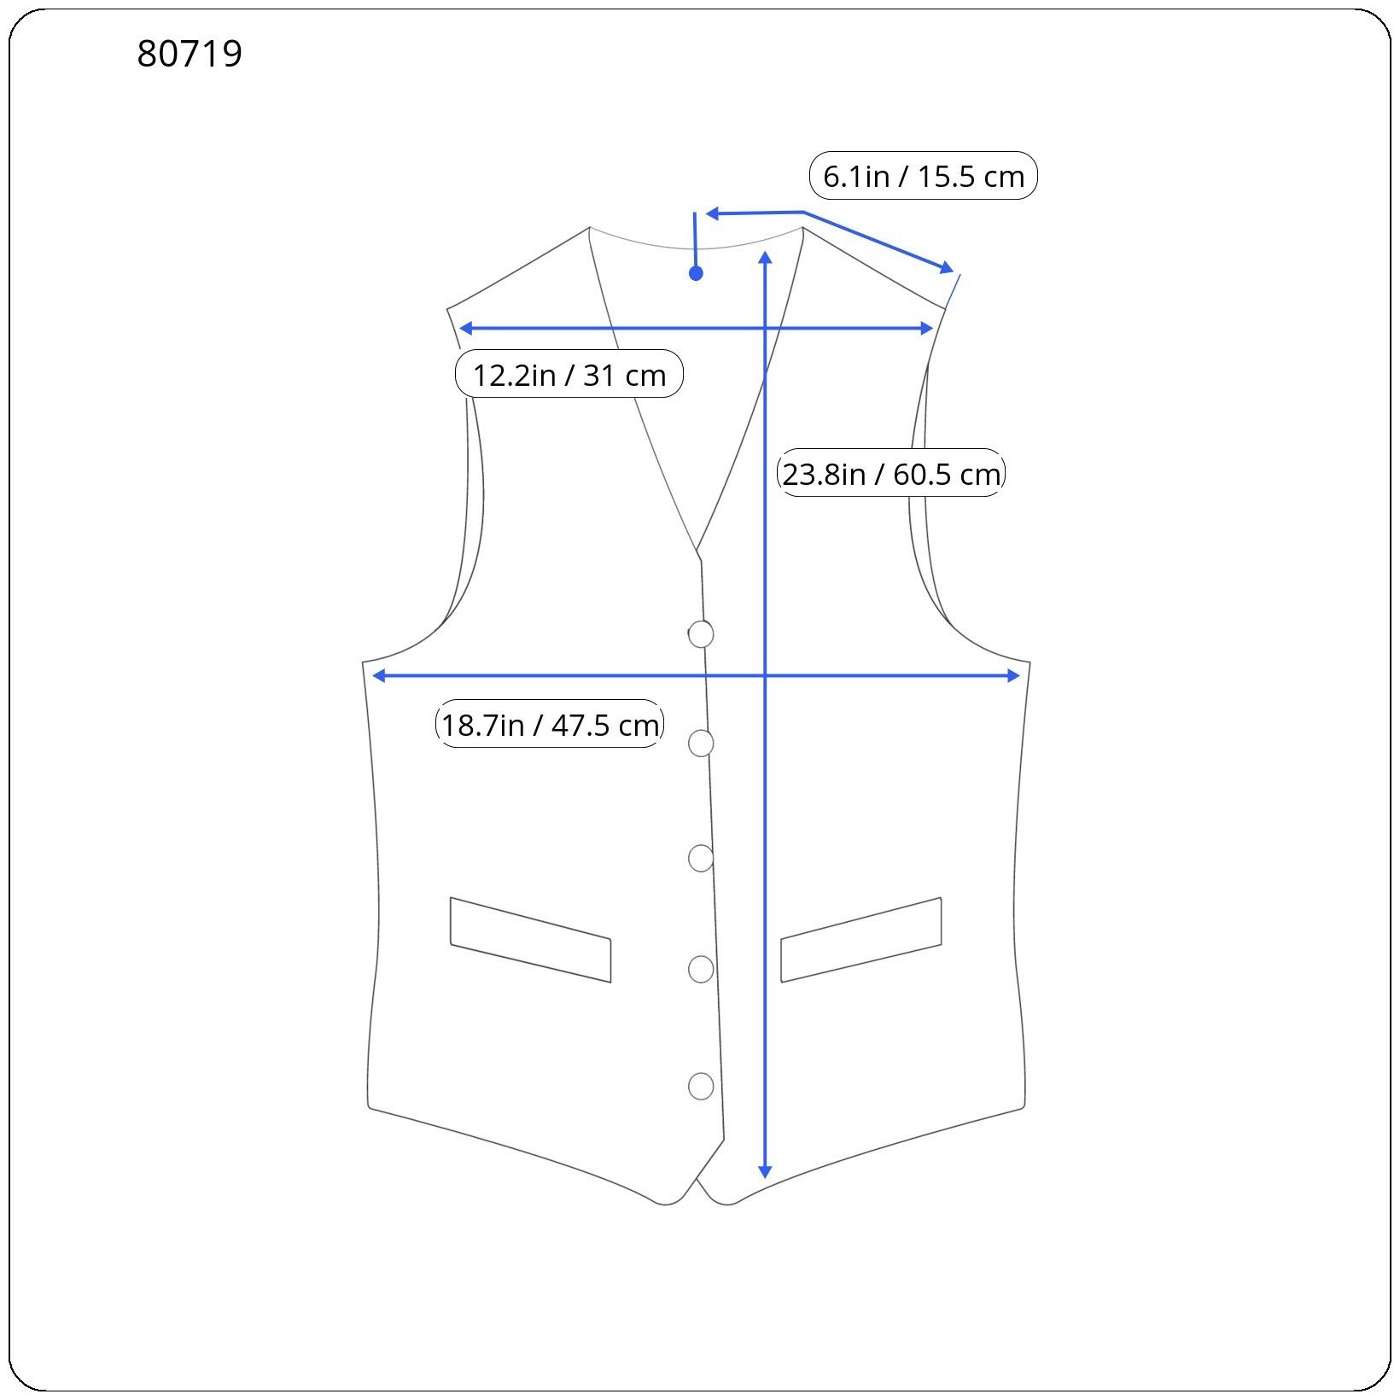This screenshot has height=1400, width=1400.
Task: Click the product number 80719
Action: tap(190, 54)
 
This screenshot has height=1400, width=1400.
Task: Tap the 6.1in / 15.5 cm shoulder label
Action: tap(923, 176)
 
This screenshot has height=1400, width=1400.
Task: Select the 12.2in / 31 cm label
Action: tap(569, 374)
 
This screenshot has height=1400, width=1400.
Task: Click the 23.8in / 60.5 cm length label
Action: tap(891, 473)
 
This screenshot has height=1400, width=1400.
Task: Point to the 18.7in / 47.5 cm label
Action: tap(550, 724)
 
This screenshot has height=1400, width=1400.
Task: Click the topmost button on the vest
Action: tap(701, 634)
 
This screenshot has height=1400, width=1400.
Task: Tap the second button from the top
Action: tap(701, 744)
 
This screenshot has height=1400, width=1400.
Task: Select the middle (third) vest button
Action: tap(701, 858)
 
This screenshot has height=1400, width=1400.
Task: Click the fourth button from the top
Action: tap(701, 969)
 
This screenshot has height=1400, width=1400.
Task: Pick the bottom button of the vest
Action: tap(701, 1086)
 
